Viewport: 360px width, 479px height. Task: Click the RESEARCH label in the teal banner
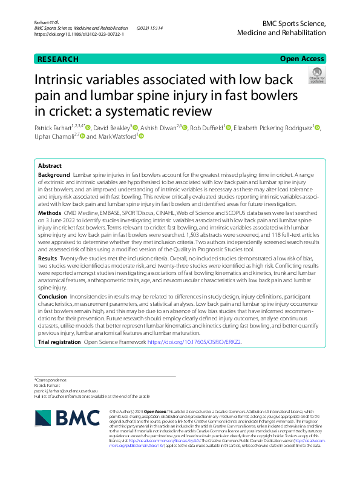click(58, 59)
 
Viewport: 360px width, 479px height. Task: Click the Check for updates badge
click(316, 76)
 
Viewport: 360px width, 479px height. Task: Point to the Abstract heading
click(50, 165)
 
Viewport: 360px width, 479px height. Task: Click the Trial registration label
click(59, 342)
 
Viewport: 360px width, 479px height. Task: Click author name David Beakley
click(113, 128)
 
